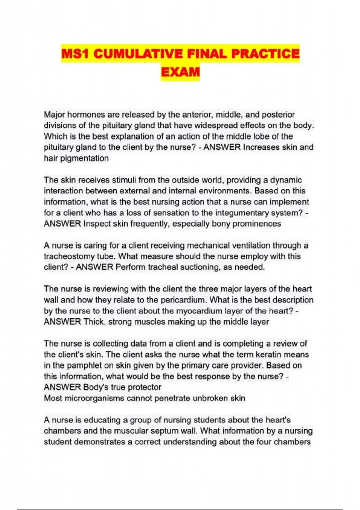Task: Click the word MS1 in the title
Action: [76, 54]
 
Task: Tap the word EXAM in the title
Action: [180, 72]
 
